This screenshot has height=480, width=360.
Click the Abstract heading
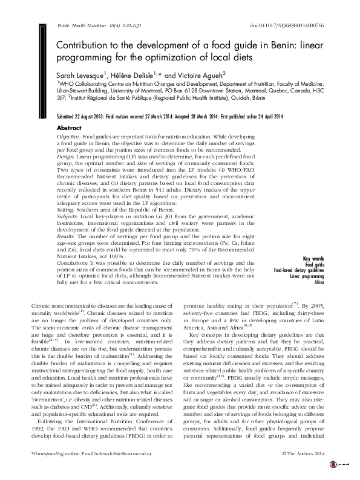point(68,129)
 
